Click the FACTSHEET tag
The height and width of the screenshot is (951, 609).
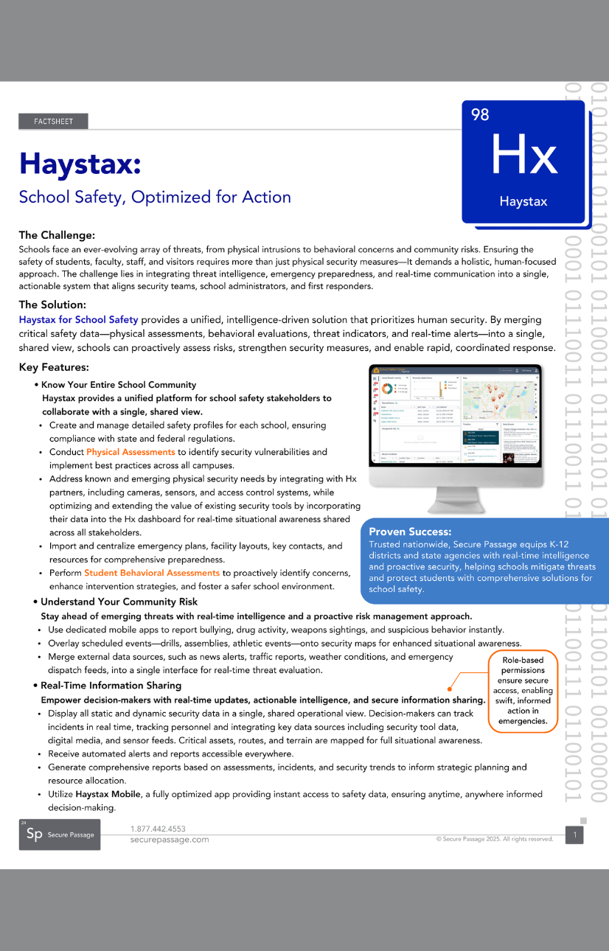(53, 122)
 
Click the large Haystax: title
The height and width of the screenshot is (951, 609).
(80, 163)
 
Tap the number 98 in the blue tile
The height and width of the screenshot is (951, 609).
(480, 114)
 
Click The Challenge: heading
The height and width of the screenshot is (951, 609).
(57, 235)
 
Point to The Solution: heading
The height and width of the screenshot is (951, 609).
(52, 304)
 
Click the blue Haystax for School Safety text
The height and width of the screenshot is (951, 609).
(78, 319)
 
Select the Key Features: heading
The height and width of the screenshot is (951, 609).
(54, 367)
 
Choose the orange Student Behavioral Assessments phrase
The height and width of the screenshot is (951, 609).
(152, 573)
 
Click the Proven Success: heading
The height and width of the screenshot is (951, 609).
(410, 532)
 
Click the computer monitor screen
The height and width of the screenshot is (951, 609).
(455, 419)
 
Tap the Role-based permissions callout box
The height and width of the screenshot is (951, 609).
(523, 691)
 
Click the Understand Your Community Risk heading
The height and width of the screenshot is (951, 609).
(119, 602)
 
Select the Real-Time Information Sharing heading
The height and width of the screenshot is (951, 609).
(111, 686)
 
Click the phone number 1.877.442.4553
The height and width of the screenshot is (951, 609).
(158, 829)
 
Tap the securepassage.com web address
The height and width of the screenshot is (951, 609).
(170, 840)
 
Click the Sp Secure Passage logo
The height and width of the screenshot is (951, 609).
(60, 835)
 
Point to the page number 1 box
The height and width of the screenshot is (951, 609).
(574, 835)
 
